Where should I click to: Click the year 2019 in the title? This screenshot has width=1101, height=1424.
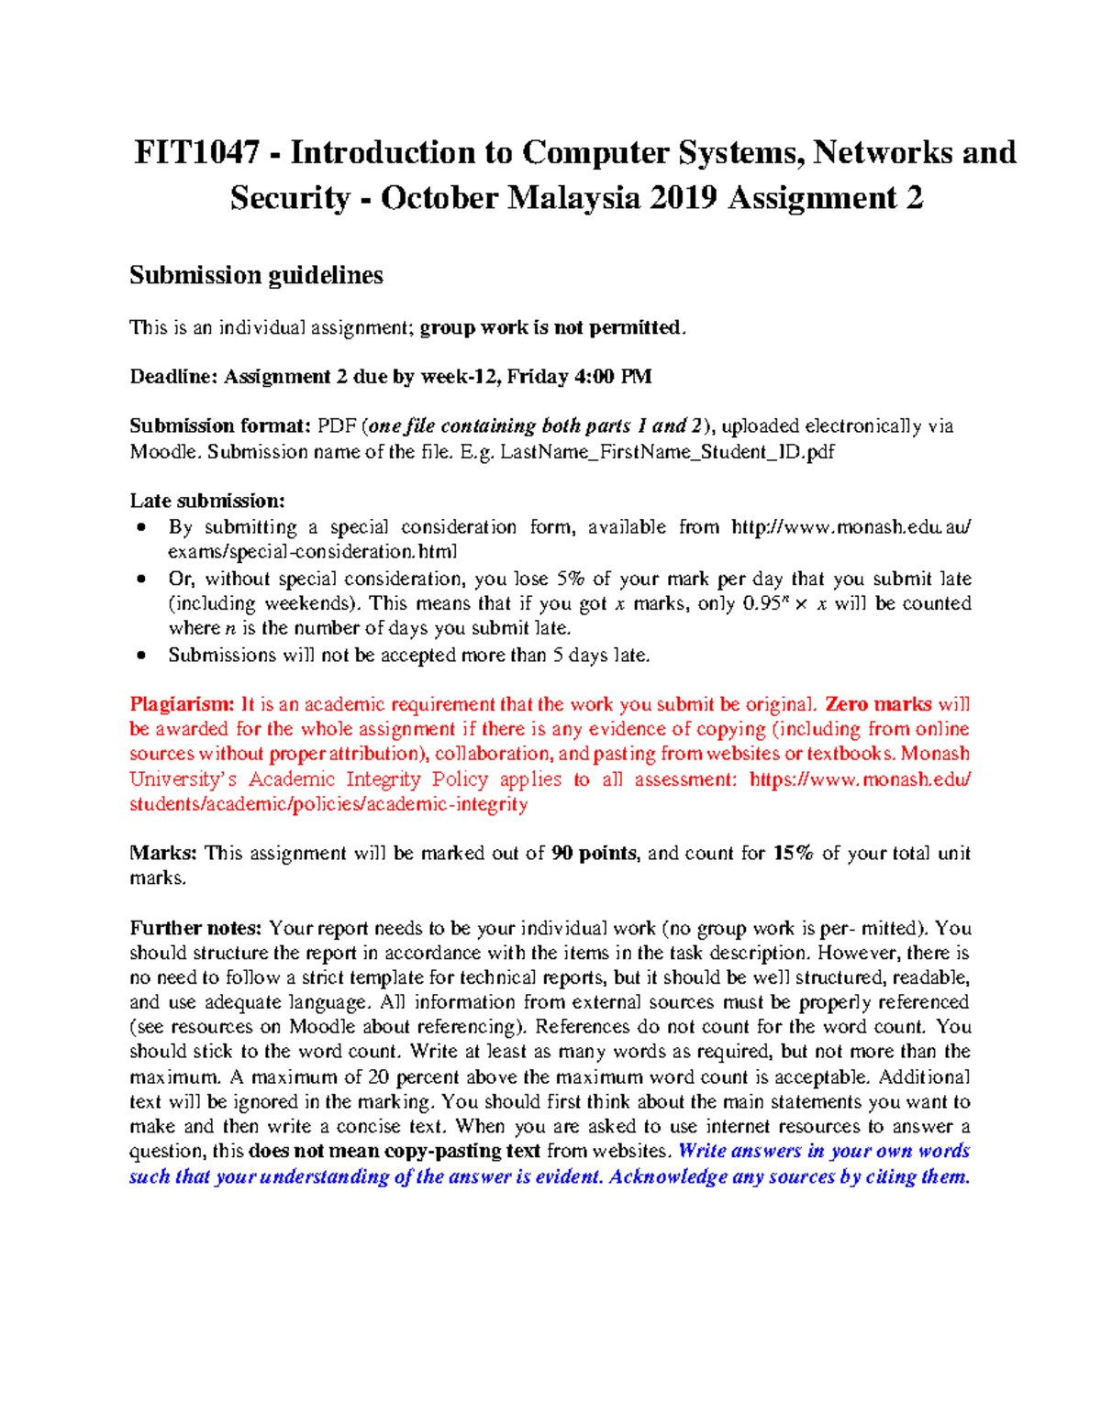pyautogui.click(x=684, y=198)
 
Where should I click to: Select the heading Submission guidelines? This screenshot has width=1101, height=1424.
pyautogui.click(x=256, y=275)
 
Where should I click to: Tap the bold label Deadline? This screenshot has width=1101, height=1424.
pyautogui.click(x=173, y=377)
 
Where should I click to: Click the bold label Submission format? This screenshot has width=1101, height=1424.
pyautogui.click(x=220, y=425)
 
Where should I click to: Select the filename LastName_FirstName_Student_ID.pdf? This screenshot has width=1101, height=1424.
pyautogui.click(x=667, y=451)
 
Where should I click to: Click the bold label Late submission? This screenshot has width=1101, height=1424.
pyautogui.click(x=207, y=501)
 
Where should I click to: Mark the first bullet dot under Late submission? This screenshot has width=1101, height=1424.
pyautogui.click(x=140, y=527)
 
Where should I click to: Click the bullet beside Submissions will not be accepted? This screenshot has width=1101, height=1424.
pyautogui.click(x=140, y=656)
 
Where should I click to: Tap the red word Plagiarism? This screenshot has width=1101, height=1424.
pyautogui.click(x=182, y=704)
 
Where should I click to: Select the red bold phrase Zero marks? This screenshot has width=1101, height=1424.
pyautogui.click(x=878, y=704)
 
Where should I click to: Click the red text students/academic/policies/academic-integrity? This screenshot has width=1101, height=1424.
pyautogui.click(x=328, y=804)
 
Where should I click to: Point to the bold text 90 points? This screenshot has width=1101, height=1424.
pyautogui.click(x=594, y=853)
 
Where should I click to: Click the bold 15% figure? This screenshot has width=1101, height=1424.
pyautogui.click(x=793, y=853)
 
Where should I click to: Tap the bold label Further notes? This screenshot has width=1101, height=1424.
pyautogui.click(x=195, y=928)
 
